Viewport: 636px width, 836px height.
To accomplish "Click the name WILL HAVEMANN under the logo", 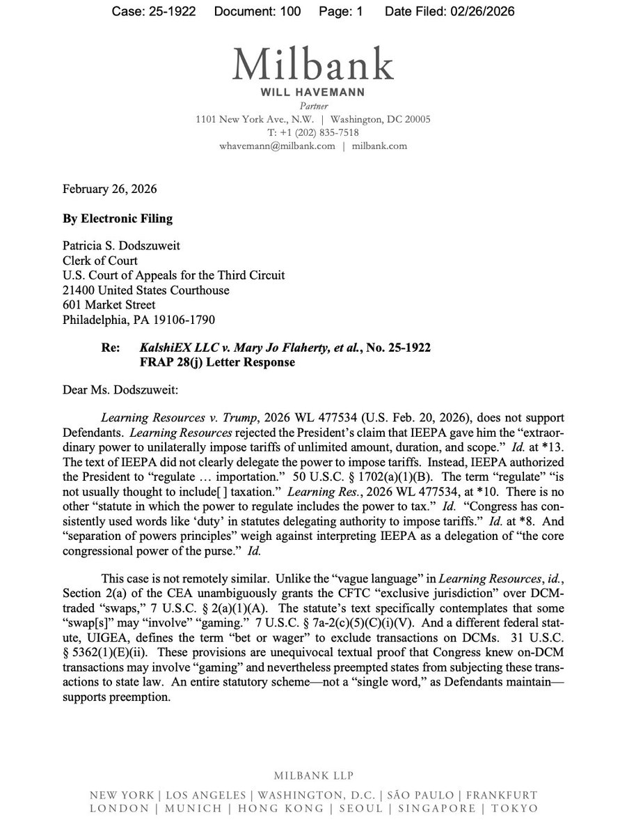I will point(313,93).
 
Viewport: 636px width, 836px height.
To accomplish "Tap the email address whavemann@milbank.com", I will point(276,146).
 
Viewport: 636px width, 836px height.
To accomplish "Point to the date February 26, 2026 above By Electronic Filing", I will point(109,189).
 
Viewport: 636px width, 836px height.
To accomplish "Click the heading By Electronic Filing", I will point(117,218).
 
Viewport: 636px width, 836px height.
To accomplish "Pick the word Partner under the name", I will point(313,106).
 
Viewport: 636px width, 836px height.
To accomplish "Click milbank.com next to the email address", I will point(380,146).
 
